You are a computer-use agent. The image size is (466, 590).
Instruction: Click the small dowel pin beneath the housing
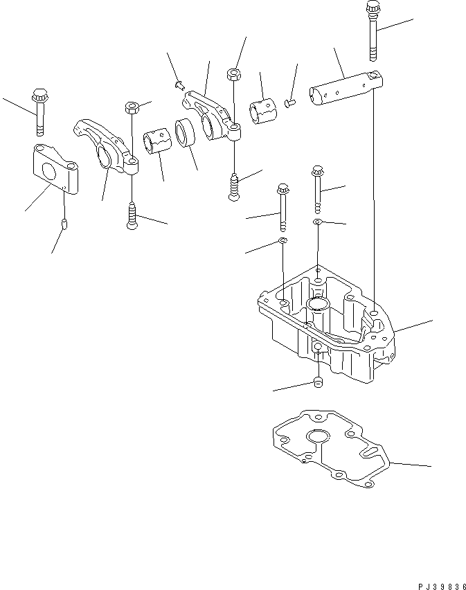(318, 384)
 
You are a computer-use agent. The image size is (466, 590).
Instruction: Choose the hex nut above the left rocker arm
(132, 107)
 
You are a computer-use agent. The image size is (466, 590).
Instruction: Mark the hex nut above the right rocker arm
(234, 73)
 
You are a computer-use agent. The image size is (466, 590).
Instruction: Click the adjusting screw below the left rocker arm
(132, 216)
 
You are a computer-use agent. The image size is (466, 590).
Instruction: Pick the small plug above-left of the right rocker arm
(178, 84)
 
